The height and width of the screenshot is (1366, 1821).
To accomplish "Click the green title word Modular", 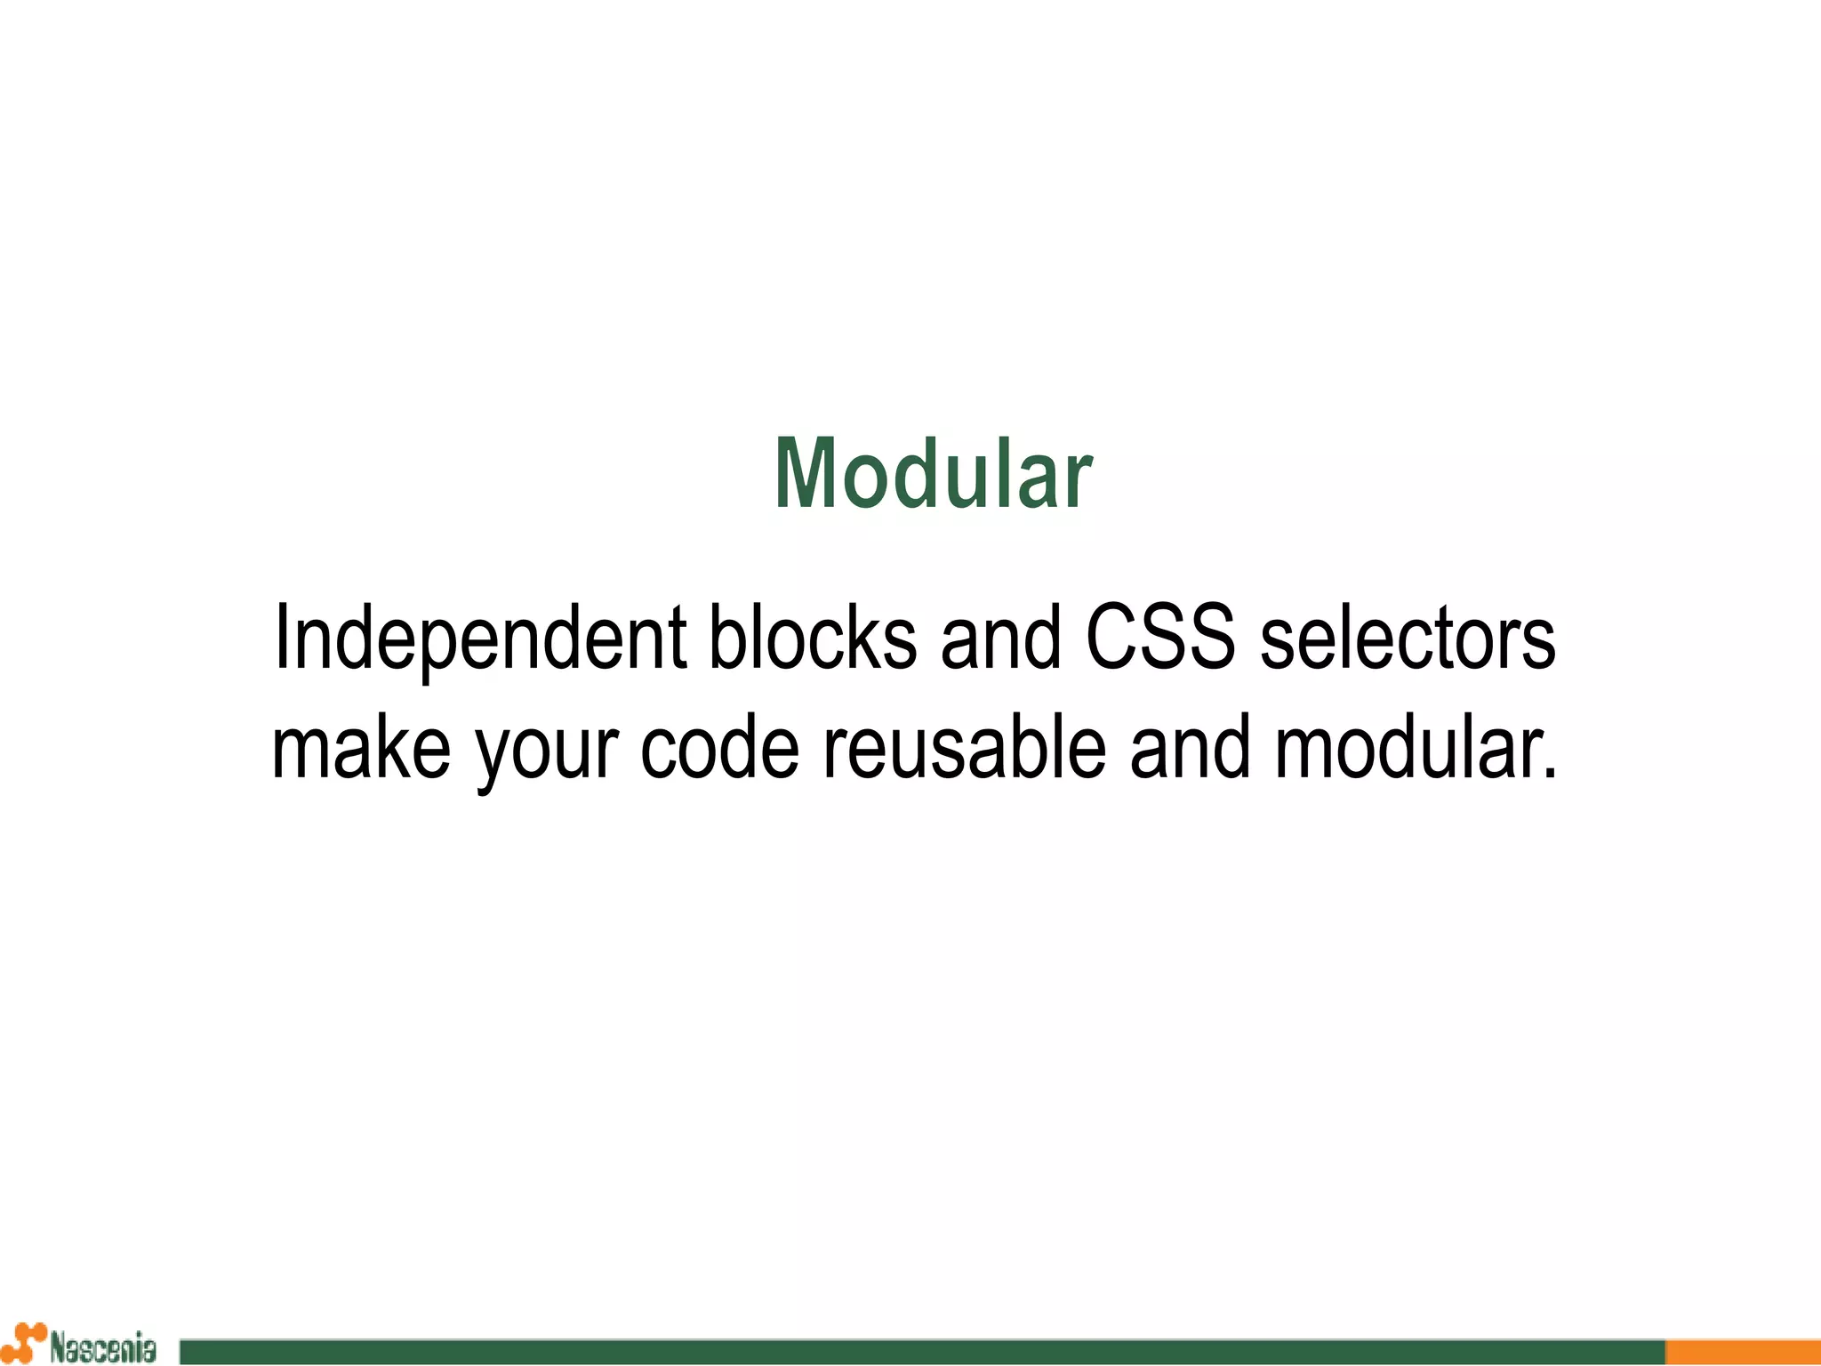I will [x=933, y=475].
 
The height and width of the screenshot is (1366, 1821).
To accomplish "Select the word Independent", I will [x=480, y=639].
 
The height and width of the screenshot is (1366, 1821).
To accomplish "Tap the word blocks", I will [x=812, y=637].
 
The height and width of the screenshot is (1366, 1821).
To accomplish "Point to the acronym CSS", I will [x=1160, y=637].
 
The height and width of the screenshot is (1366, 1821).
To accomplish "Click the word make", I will [x=361, y=748].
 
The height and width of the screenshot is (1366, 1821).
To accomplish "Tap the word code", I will [x=719, y=748].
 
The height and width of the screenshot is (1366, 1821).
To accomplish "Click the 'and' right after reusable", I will [x=1190, y=748].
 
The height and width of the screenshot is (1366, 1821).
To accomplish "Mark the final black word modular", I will [x=1405, y=748].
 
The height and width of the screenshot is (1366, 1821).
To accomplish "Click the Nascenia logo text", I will [x=103, y=1348].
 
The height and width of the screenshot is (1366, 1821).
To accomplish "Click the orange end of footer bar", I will [x=1743, y=1352].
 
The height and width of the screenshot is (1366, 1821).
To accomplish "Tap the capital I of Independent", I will [x=283, y=637].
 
